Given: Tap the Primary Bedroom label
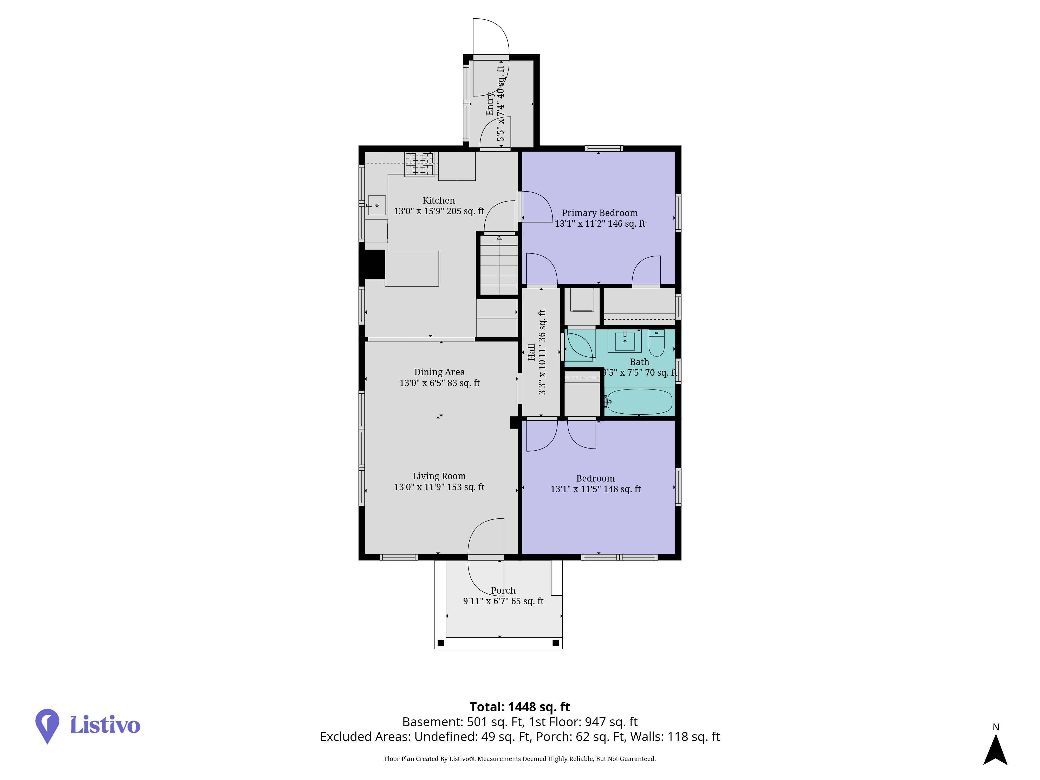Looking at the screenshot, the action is (600, 213).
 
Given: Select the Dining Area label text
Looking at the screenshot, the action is (439, 372).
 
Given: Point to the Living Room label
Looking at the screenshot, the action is (439, 476).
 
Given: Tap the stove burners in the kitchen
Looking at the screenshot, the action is (419, 164).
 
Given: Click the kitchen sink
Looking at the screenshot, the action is (376, 205).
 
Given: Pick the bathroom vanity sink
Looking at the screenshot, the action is (625, 341).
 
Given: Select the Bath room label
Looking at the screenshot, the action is (639, 362).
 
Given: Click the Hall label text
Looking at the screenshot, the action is (531, 352).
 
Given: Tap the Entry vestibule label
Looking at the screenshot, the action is (490, 103).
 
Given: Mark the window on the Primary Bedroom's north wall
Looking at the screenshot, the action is (604, 148).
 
